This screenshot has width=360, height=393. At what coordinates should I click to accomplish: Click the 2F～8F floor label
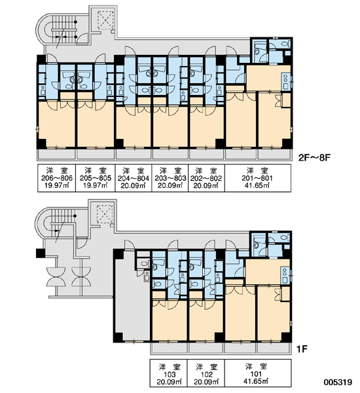[x=315, y=158]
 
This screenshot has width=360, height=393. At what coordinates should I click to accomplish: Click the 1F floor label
[x=302, y=349]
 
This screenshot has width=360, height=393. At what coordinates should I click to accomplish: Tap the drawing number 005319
[x=338, y=383]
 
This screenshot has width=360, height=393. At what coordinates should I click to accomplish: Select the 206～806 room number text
[x=57, y=178]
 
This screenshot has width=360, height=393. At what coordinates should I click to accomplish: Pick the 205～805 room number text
[x=96, y=178]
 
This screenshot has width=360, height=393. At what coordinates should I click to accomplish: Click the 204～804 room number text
[x=134, y=178]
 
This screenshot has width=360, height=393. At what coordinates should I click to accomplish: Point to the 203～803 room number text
[x=170, y=178]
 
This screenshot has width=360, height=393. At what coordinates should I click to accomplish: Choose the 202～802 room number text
[x=206, y=178]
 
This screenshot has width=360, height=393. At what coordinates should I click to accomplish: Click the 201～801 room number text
[x=257, y=178]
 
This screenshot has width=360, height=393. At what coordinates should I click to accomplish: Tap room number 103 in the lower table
[x=170, y=375]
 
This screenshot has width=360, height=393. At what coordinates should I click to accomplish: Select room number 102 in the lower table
[x=207, y=375]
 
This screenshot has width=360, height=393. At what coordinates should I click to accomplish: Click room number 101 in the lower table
[x=256, y=374]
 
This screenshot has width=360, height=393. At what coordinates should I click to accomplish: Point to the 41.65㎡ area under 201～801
[x=257, y=186]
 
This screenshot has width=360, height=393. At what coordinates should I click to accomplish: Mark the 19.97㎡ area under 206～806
[x=57, y=186]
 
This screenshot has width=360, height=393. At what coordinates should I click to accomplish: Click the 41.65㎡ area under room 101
[x=256, y=381]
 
